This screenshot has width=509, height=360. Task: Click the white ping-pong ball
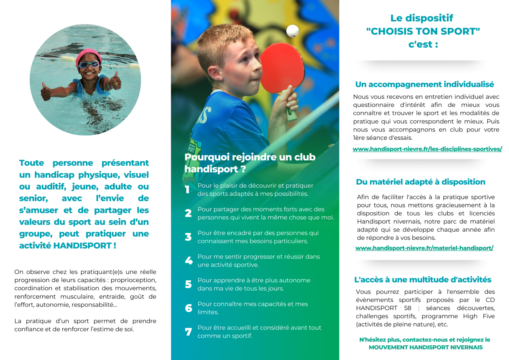click(292, 31)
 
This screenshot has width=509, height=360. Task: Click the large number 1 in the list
click(187, 190)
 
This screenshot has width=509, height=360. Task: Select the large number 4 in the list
click(189, 261)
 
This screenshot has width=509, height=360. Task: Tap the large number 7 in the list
click(188, 332)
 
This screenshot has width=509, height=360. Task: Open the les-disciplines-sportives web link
click(427, 149)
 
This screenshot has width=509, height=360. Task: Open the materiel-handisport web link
click(424, 248)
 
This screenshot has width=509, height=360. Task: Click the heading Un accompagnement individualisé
click(424, 84)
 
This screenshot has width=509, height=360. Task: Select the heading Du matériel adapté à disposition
click(420, 182)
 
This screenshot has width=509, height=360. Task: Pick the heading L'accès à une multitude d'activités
click(422, 279)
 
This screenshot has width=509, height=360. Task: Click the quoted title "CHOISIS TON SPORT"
click(423, 31)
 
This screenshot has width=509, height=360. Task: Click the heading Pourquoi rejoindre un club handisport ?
click(250, 163)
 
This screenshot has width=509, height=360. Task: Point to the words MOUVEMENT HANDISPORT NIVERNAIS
click(425, 347)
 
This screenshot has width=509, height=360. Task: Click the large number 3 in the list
click(188, 237)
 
